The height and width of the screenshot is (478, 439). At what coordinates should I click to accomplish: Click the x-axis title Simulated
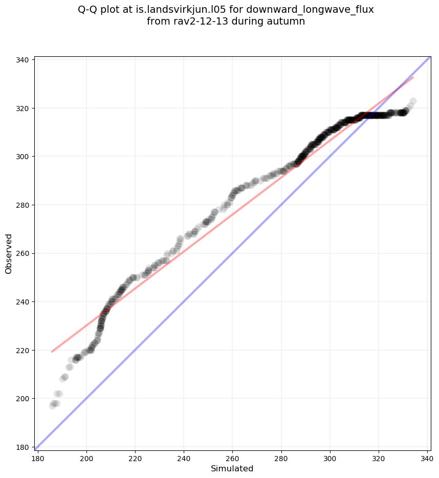(x=232, y=468)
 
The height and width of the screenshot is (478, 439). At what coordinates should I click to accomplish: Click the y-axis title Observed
(x=9, y=253)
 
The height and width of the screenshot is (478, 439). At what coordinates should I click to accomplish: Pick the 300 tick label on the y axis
(x=23, y=156)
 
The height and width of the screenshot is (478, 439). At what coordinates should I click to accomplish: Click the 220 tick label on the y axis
(x=23, y=350)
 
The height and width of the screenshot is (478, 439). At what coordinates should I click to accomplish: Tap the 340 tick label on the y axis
(x=23, y=59)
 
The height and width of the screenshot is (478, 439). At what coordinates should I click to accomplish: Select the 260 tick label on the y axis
(x=23, y=253)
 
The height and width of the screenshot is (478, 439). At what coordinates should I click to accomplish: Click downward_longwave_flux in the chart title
(x=310, y=10)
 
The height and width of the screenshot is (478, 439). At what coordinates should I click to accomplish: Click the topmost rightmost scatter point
(x=413, y=101)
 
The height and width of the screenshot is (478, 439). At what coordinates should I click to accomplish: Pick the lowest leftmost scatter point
(x=52, y=406)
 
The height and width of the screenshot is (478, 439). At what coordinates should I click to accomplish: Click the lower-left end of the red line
(x=52, y=352)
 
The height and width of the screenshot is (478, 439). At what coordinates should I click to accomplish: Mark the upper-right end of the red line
(x=413, y=77)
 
